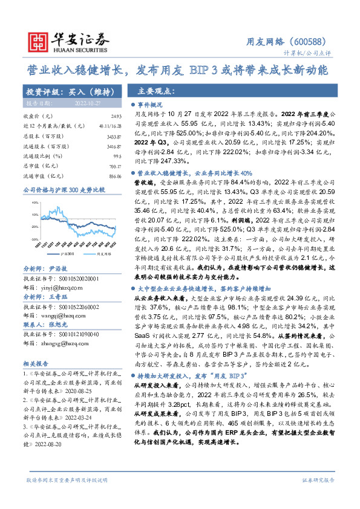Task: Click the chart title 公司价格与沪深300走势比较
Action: pyautogui.click(x=64, y=190)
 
